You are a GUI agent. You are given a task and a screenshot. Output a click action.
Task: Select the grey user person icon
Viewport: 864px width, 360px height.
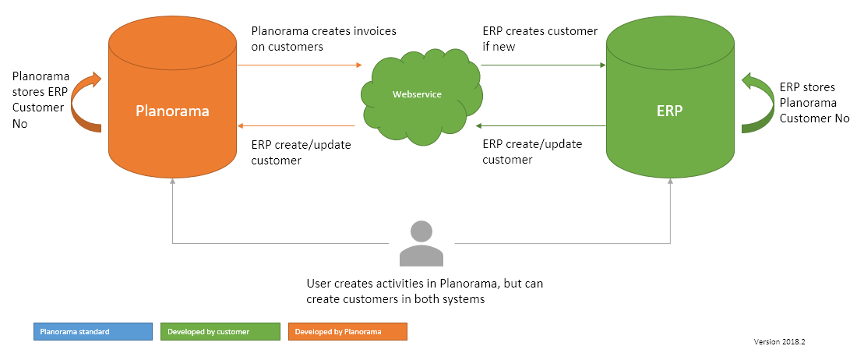tap(420, 244)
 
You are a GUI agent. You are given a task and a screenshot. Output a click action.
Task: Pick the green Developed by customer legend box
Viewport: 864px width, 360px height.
tap(219, 332)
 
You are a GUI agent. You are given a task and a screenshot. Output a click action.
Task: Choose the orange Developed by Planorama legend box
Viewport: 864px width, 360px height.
tap(347, 332)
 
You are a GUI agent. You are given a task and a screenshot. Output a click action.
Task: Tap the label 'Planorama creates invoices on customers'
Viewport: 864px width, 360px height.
tap(323, 39)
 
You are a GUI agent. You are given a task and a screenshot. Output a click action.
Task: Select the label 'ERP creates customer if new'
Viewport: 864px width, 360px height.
tap(540, 39)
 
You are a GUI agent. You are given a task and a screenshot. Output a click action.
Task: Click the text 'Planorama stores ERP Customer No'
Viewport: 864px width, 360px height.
tap(41, 101)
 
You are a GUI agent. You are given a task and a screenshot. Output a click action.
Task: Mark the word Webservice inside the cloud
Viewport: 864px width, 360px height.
tap(417, 94)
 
